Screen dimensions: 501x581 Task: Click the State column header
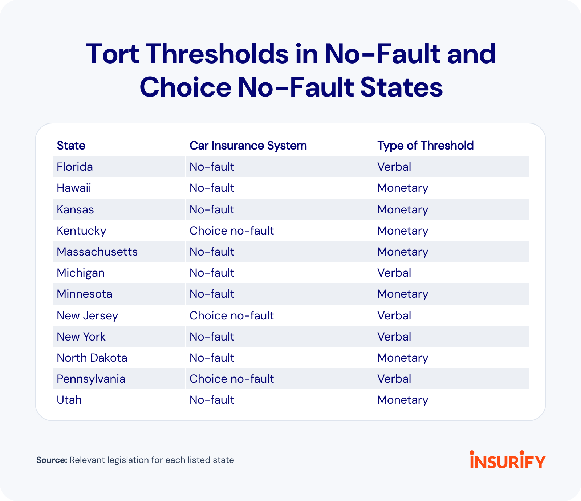pos(71,146)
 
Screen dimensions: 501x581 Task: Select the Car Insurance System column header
pos(248,146)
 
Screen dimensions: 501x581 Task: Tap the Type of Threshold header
pos(425,146)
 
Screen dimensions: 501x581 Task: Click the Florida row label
pos(75,167)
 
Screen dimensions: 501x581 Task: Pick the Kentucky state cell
pos(81,231)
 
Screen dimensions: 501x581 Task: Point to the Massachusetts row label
pos(97,252)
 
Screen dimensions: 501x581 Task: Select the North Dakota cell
pos(92,358)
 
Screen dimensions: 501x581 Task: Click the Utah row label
pos(69,400)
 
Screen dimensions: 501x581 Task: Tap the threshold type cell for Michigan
pos(394,273)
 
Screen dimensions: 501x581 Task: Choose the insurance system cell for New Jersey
pos(231,316)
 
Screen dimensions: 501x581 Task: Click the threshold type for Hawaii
pos(403,188)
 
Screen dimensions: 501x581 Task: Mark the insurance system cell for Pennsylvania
pos(231,379)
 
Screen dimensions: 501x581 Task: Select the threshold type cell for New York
pos(394,337)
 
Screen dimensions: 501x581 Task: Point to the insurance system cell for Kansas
pos(212,210)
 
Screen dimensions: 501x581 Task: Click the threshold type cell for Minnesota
pos(403,294)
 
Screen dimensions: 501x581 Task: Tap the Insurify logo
pos(507,460)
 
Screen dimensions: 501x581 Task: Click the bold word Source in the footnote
pos(52,460)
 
